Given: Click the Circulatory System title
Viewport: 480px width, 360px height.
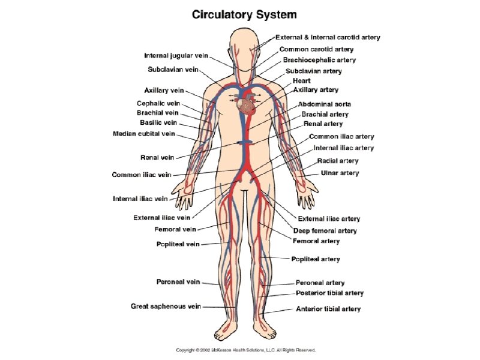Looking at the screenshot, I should (x=244, y=14).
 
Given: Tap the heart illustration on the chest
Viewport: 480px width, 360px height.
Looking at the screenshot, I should (x=246, y=107).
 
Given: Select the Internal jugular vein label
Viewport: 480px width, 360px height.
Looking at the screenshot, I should (x=176, y=56).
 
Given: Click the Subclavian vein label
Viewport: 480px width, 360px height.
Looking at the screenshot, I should (x=173, y=70).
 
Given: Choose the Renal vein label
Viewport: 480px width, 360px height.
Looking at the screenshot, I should (x=157, y=158).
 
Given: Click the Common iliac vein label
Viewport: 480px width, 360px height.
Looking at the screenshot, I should (x=142, y=175).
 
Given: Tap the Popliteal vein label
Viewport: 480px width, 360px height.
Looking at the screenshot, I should (x=178, y=244).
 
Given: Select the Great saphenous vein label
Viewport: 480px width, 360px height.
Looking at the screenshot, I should (x=166, y=306).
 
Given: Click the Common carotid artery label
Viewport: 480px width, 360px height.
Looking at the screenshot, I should (x=316, y=49).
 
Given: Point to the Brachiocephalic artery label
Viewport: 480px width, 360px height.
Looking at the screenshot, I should (x=319, y=60).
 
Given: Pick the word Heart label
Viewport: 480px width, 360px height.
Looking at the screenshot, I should (x=301, y=80).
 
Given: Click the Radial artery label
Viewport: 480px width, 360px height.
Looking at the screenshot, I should (x=337, y=161).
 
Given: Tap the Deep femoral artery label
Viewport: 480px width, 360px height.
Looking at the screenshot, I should (x=325, y=230).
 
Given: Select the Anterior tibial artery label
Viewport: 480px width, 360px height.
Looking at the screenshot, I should (x=328, y=309).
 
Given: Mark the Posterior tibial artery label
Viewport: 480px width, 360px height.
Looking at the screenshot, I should (x=329, y=293).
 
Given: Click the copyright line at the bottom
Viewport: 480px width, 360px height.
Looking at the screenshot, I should (x=245, y=349).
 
